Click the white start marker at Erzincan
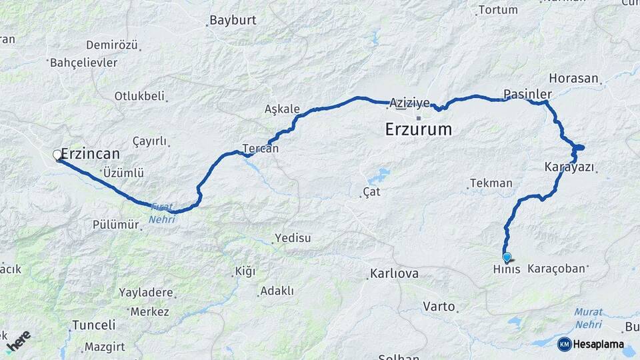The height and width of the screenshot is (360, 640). tap(57, 155)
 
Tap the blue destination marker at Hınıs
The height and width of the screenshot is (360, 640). tap(507, 257)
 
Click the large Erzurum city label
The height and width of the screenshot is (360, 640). tap(418, 129)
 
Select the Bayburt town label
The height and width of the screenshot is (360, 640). tap(233, 20)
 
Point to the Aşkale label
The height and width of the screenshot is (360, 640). tap(282, 109)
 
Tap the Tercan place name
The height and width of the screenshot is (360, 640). tap(260, 149)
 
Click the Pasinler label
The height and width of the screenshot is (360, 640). tap(528, 93)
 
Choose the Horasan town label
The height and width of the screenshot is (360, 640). tap(574, 78)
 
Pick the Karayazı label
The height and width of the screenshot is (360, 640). tap(569, 167)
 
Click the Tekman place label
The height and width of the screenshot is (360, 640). tap(491, 183)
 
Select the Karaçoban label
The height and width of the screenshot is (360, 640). tap(556, 269)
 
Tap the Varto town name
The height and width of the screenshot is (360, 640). tap(439, 307)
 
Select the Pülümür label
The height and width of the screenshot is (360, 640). tap(116, 225)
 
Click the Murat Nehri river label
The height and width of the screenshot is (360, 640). tap(588, 317)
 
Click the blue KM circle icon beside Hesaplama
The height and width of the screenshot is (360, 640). tap(564, 344)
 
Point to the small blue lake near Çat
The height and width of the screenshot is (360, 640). tap(379, 176)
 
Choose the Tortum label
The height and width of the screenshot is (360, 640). tap(498, 10)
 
